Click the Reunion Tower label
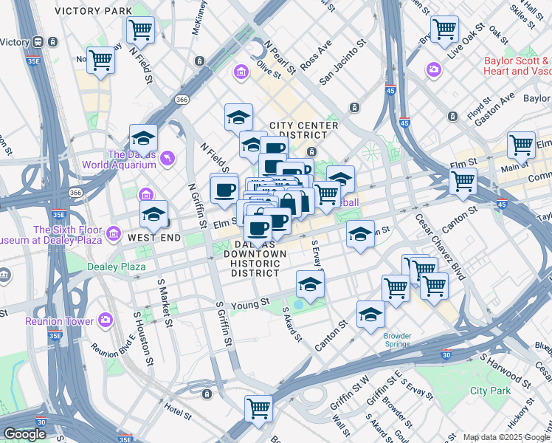pyautogui.click(x=59, y=321)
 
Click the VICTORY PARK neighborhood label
pyautogui.click(x=94, y=11)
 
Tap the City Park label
pyautogui.click(x=490, y=390)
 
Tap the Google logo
pyautogui.click(x=24, y=434)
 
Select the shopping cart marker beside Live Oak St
pyautogui.click(x=445, y=29)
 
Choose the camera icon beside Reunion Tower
pyautogui.click(x=106, y=320)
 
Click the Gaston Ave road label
pyautogui.click(x=499, y=111)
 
